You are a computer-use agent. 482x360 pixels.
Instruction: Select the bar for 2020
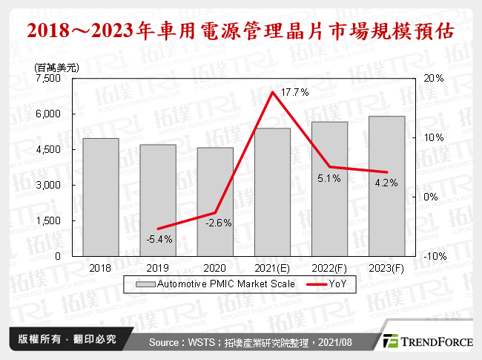(x=215, y=201)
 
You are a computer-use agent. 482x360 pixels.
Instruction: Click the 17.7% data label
(x=294, y=91)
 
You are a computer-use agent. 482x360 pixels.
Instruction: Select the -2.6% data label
(x=219, y=223)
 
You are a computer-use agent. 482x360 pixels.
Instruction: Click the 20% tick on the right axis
(x=434, y=78)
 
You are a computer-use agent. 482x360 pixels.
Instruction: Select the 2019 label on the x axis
(x=158, y=267)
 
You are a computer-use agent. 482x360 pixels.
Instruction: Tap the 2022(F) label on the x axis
(x=330, y=267)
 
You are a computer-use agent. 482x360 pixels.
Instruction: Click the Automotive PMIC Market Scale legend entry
(x=215, y=284)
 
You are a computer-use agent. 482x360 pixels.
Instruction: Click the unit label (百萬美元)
(x=57, y=67)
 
